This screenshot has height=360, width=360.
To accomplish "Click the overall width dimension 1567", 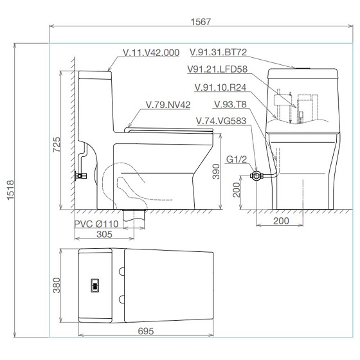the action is [x=201, y=22].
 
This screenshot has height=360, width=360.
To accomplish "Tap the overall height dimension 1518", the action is [x=10, y=190].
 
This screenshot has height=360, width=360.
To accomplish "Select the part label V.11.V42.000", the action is [x=151, y=53].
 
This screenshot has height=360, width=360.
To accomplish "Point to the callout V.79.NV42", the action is [x=168, y=105].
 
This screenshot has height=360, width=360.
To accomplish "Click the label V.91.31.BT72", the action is [x=219, y=52].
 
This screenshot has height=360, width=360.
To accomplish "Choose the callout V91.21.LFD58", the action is [x=217, y=69].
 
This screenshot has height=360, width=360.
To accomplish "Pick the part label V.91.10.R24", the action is [x=221, y=87].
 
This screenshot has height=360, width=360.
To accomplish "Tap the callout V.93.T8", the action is [x=230, y=104].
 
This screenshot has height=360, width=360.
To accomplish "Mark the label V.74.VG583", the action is [x=221, y=121].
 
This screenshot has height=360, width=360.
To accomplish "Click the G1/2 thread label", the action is [x=237, y=159].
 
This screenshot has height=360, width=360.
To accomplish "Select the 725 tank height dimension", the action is [x=57, y=145].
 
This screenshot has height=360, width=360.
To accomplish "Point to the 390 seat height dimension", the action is [x=216, y=171].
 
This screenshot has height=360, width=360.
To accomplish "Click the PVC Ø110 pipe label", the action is [x=96, y=224].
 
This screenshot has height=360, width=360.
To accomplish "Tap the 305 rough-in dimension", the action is [x=104, y=234].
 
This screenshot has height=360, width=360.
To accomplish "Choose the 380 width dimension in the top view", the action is [x=57, y=285].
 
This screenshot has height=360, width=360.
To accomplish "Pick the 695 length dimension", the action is [x=146, y=331].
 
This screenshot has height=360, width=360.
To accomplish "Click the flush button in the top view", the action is [x=95, y=285].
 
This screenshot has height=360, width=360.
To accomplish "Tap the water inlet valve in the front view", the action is [x=256, y=176].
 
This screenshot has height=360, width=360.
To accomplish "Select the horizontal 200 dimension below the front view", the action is [x=281, y=221].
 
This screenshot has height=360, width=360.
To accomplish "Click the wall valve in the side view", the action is [x=80, y=176].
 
